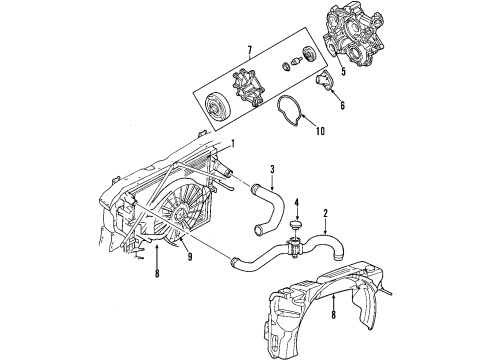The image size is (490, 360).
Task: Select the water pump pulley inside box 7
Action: pyautogui.click(x=216, y=106)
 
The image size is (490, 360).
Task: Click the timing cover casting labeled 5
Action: pyautogui.click(x=360, y=39)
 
